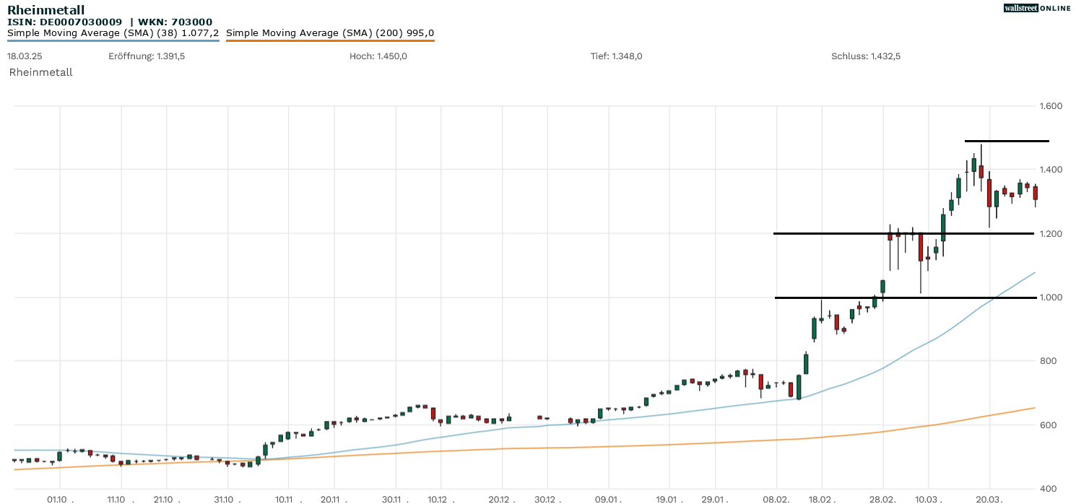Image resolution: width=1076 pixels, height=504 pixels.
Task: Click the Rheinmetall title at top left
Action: click(45, 10)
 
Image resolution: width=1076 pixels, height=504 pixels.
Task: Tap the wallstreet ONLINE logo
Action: click(1037, 8)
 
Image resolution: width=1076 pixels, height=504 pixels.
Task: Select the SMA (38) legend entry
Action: click(113, 33)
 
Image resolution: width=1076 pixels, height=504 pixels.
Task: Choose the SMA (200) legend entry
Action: click(330, 33)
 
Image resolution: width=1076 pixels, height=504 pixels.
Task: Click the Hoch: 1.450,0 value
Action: click(378, 56)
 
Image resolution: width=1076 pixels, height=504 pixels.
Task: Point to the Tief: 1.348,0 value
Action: click(616, 56)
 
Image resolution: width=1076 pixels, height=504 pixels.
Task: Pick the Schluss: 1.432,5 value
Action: click(866, 56)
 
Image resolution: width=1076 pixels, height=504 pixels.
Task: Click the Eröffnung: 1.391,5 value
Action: click(147, 56)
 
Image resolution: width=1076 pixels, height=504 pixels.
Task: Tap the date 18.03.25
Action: click(23, 56)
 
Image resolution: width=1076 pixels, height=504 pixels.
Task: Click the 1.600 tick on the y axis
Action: click(1051, 106)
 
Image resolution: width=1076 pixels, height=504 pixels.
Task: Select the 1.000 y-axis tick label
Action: click(1051, 297)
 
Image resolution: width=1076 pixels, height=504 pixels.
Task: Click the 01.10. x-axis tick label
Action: click(58, 499)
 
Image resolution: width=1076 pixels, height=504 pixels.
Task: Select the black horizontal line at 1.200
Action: click(903, 233)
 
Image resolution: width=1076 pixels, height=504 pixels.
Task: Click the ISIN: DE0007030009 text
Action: click(64, 22)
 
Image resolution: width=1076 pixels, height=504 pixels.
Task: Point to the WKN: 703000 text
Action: click(176, 22)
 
